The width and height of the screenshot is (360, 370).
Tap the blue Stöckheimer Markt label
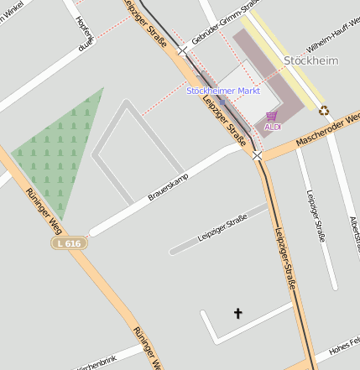222,90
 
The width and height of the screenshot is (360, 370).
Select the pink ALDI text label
273,127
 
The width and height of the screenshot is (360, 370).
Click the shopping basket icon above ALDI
272,116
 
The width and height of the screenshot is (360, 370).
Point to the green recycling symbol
324,109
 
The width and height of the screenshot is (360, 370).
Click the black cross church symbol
237,314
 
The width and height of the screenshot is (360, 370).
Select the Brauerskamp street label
168,187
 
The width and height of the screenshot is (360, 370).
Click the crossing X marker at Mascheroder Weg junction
257,155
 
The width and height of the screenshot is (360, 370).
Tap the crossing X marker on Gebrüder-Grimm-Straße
182,50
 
